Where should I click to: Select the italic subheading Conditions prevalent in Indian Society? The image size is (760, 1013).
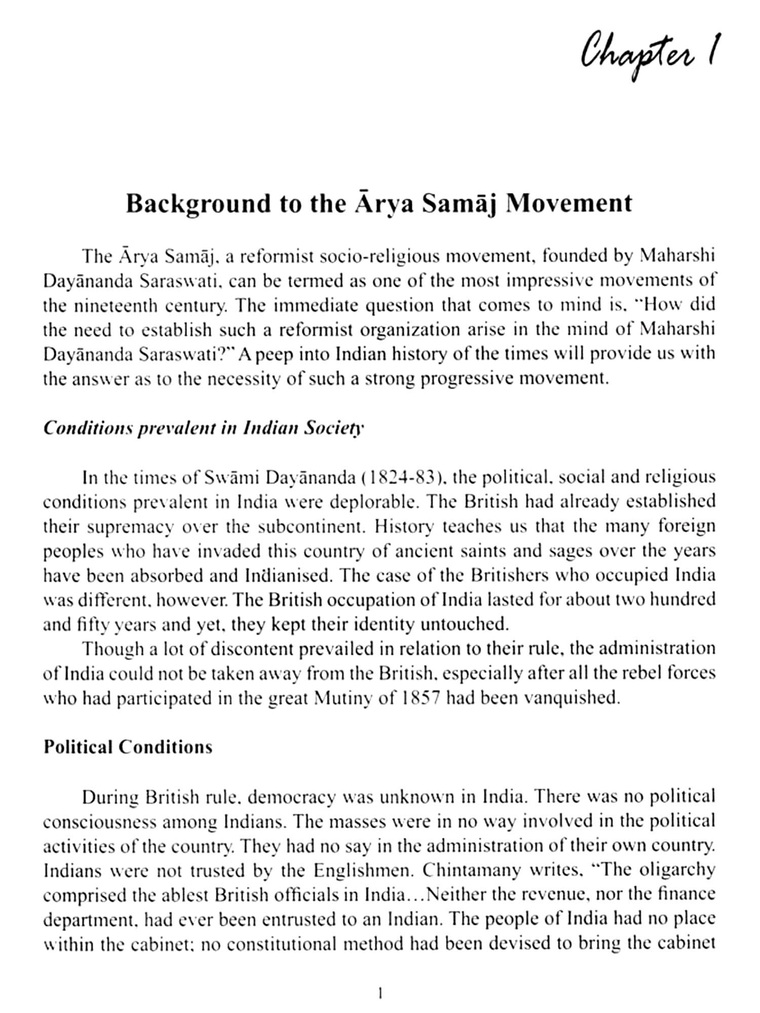coord(203,428)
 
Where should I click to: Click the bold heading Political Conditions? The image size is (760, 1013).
coord(128,747)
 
